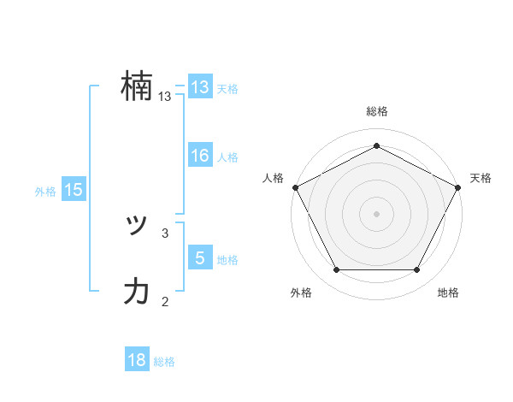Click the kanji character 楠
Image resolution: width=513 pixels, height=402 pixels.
pos(137,87)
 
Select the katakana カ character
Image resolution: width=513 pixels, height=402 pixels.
pos(137,292)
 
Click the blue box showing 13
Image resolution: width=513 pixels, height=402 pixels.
pos(200,87)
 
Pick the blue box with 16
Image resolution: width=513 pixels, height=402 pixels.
pos(200,156)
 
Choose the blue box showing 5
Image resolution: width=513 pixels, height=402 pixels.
pos(200,257)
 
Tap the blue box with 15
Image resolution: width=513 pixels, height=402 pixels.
pos(74,191)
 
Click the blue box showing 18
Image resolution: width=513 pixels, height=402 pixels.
pos(137,360)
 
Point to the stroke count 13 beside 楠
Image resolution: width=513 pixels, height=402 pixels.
pos(165,98)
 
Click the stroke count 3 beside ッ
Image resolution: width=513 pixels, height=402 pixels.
pos(165,232)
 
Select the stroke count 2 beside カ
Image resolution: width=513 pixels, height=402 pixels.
pos(165,300)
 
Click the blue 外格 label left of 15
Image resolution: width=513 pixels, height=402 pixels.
pos(45,192)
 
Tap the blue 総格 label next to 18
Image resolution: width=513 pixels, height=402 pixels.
pos(164,362)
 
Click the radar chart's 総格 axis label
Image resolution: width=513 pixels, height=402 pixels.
pos(376,111)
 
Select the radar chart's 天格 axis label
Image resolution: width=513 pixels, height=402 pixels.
pos(481,178)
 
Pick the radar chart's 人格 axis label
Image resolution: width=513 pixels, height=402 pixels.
pos(273,178)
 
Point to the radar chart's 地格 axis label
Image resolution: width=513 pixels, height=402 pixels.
pos(448,293)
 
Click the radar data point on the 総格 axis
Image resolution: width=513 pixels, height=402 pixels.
pos(376,145)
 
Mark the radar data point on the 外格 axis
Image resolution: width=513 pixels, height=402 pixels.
pos(336,270)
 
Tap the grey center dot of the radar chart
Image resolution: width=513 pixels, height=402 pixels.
pos(376,213)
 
